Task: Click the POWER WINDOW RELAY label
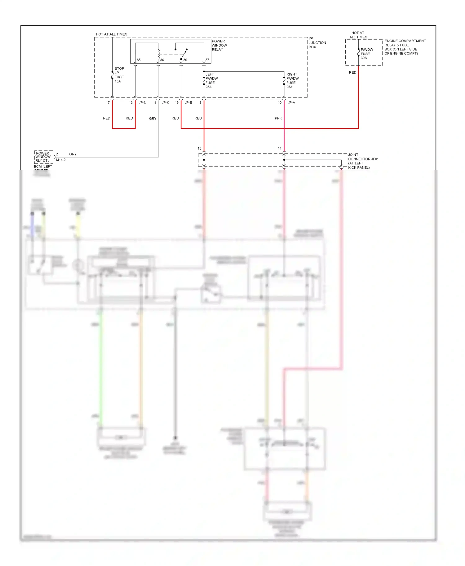219,46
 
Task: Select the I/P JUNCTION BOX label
317,43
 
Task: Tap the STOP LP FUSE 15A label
119,75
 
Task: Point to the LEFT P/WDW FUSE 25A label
211,81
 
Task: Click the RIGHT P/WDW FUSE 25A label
292,81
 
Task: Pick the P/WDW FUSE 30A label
366,54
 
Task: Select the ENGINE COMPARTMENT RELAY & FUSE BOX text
405,47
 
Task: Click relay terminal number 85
139,60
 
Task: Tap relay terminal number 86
162,60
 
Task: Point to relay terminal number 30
185,60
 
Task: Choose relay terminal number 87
207,60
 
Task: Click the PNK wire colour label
278,118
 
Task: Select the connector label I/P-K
165,103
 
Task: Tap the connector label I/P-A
291,103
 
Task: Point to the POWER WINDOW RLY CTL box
43,157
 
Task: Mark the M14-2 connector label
61,160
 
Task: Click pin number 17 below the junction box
108,103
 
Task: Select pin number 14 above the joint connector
280,149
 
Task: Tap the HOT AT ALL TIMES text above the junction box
112,34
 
